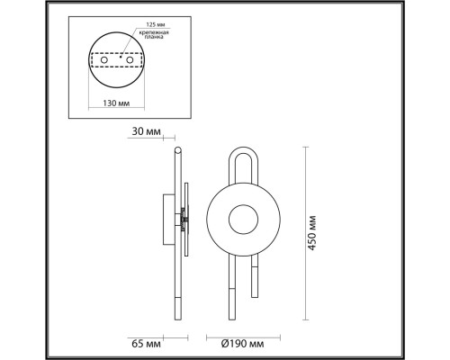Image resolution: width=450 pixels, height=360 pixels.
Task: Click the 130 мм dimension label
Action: click(x=116, y=103)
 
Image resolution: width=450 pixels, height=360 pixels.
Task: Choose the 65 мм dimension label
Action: click(x=146, y=343)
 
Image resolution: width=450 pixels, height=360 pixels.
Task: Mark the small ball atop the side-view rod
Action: click(x=177, y=149)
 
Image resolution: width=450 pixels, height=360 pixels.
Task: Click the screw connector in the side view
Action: click(x=184, y=218)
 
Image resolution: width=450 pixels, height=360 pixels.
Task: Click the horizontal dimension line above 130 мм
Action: click(x=116, y=93)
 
